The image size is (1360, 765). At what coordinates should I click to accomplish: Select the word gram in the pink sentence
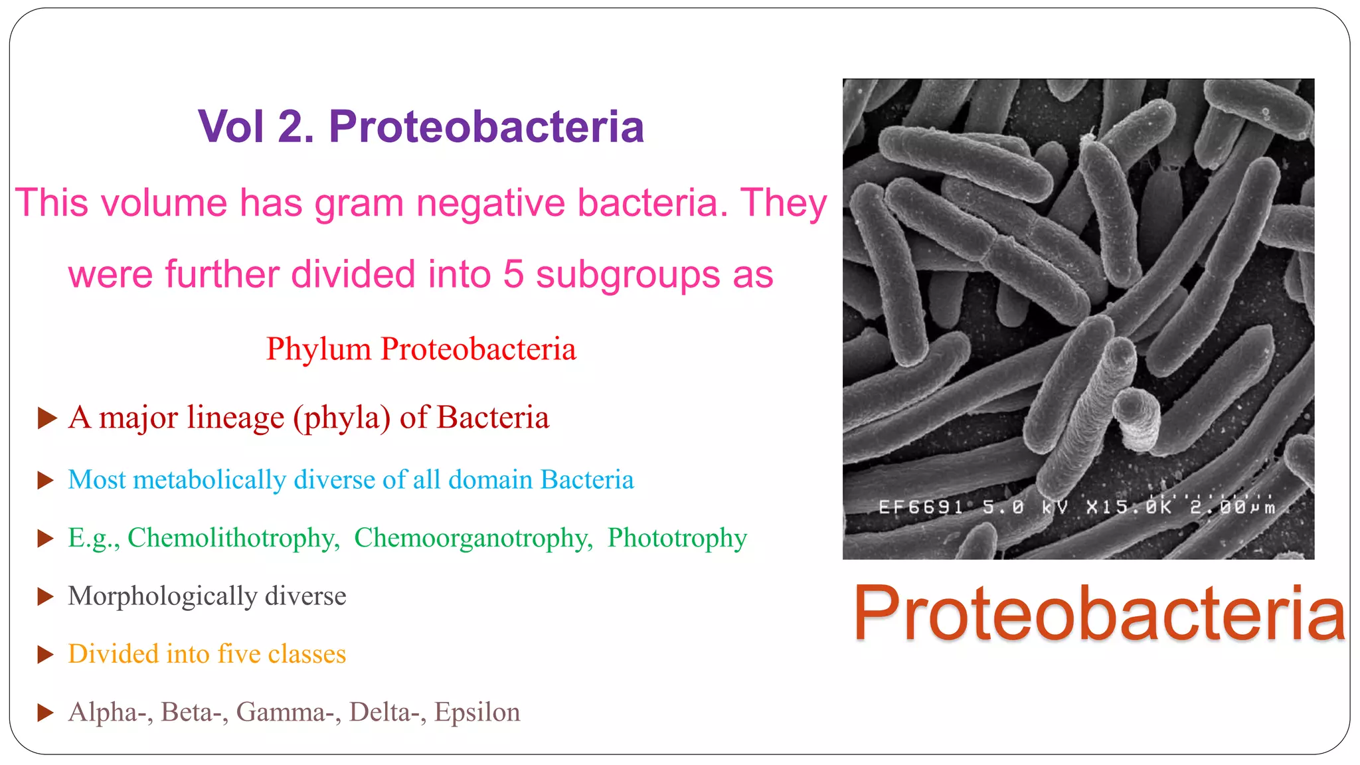tap(359, 203)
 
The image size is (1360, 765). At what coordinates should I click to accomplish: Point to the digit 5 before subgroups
tap(513, 274)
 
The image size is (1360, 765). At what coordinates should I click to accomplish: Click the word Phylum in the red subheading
tap(318, 349)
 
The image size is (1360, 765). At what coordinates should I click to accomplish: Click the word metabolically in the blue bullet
tap(209, 480)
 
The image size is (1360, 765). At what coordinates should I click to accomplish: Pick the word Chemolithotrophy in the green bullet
tap(233, 538)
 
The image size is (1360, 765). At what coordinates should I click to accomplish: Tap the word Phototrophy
tap(677, 538)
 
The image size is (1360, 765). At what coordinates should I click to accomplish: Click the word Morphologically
tap(162, 596)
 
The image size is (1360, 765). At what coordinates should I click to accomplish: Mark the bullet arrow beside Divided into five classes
tap(46, 655)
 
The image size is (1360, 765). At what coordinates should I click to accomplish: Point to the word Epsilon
tap(477, 712)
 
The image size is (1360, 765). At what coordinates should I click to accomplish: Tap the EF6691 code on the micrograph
tap(920, 508)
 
